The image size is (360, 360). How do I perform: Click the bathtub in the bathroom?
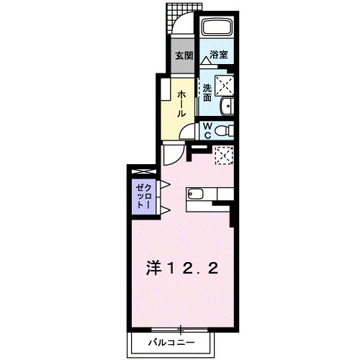pos(217,30)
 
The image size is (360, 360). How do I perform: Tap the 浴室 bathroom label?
pos(219,55)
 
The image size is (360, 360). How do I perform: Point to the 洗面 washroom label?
pos(207,92)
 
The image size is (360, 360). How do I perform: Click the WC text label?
pos(206,130)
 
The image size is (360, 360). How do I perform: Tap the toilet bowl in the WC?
pos(225,130)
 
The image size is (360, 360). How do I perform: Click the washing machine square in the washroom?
pos(225,86)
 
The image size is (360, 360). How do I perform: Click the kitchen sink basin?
pos(198,193)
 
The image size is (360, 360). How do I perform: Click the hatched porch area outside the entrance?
pos(181,12)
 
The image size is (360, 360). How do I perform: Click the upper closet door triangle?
pos(164,184)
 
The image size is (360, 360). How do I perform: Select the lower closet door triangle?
pos(164,210)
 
